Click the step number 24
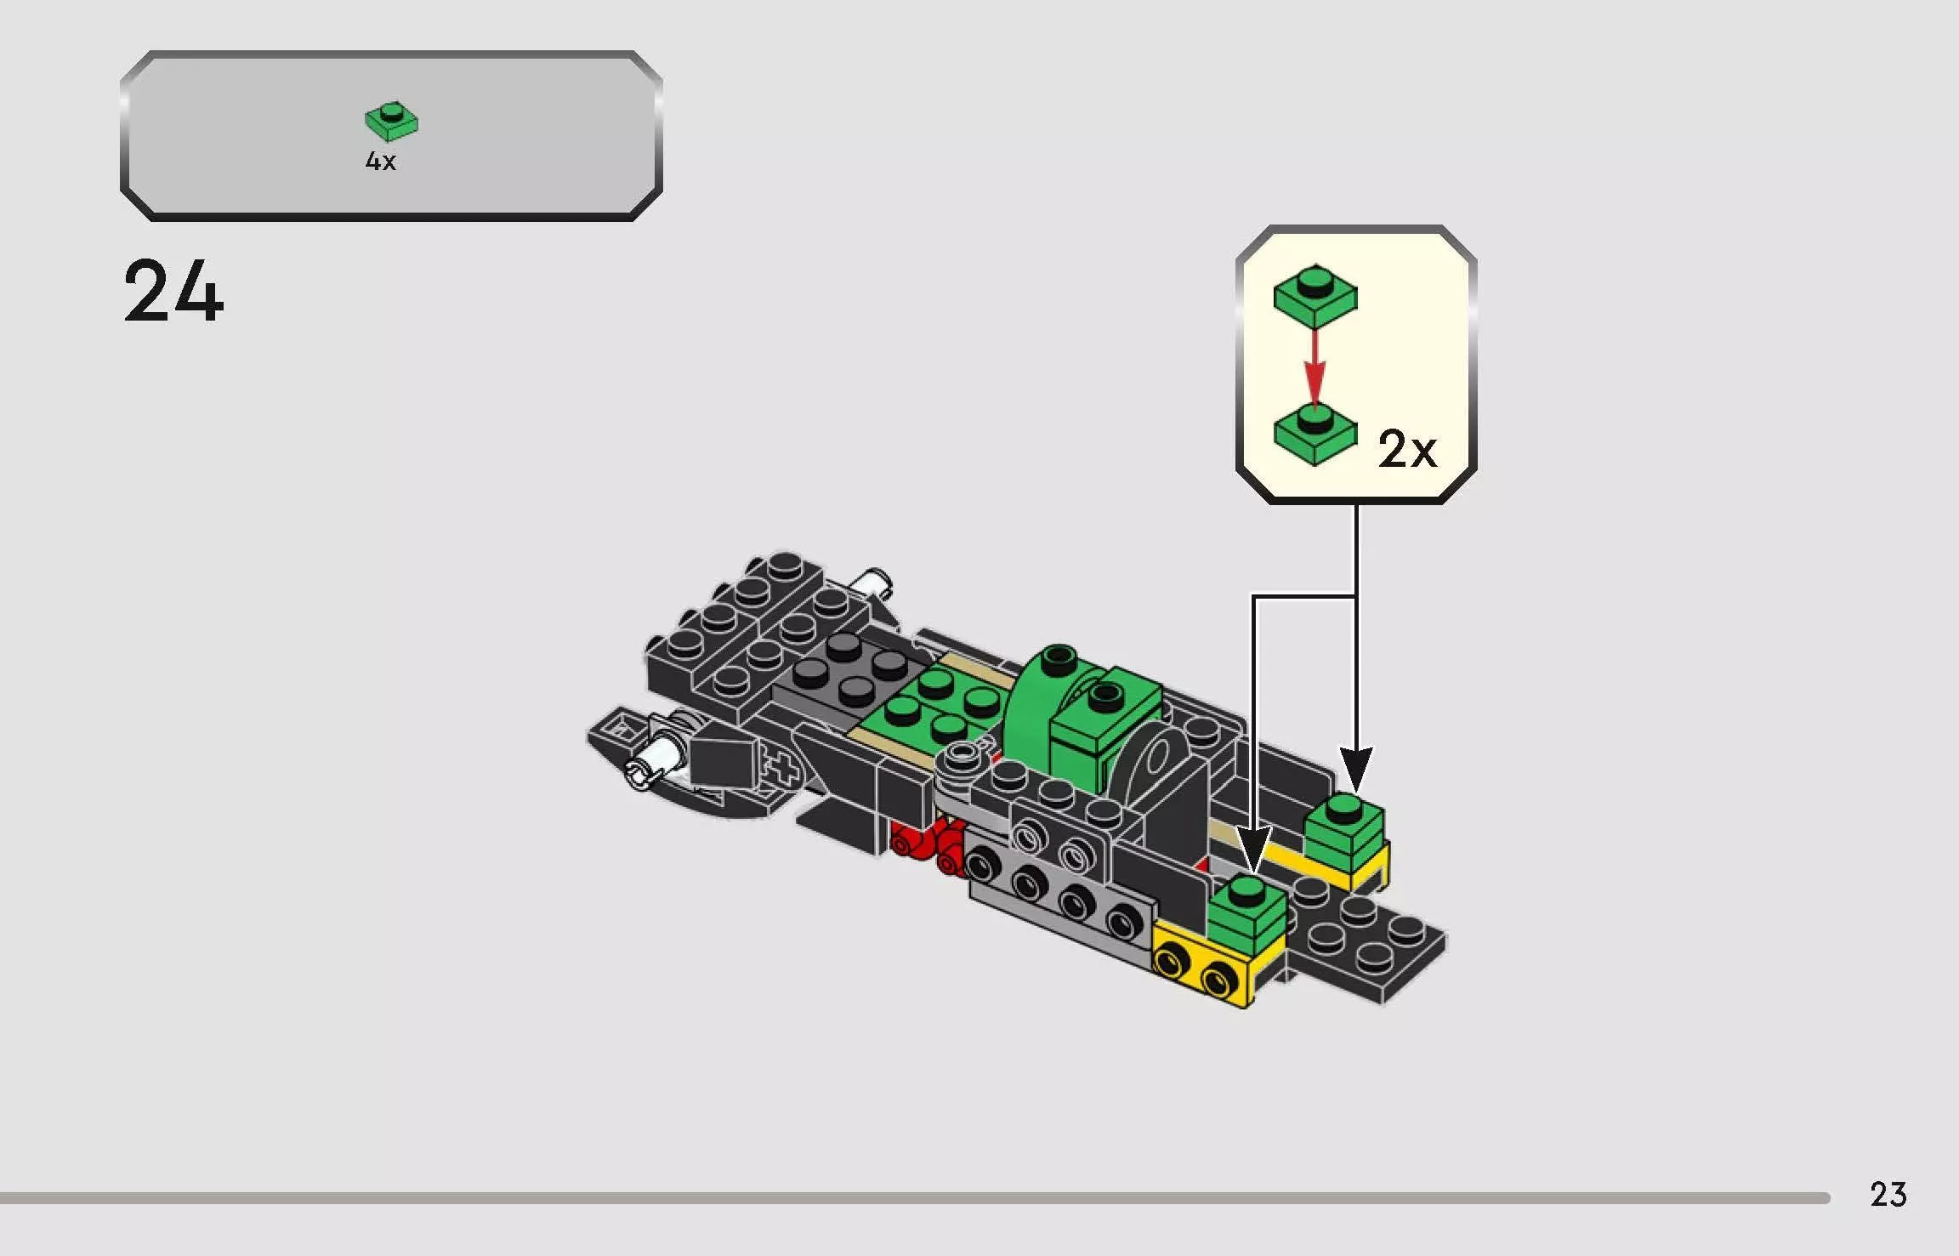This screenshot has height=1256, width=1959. pos(173,292)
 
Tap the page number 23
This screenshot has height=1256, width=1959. pos(1888,1195)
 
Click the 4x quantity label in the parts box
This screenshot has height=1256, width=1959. pos(380,161)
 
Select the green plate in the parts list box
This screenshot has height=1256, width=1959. pos(391,122)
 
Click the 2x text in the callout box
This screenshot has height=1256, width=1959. pos(1407,449)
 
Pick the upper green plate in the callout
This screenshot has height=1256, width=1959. pos(1315,295)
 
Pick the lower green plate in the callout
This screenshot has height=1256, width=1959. pos(1315,435)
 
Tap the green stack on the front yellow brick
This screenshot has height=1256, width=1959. pos(1245,914)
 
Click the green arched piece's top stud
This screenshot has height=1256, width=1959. pos(1059,655)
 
